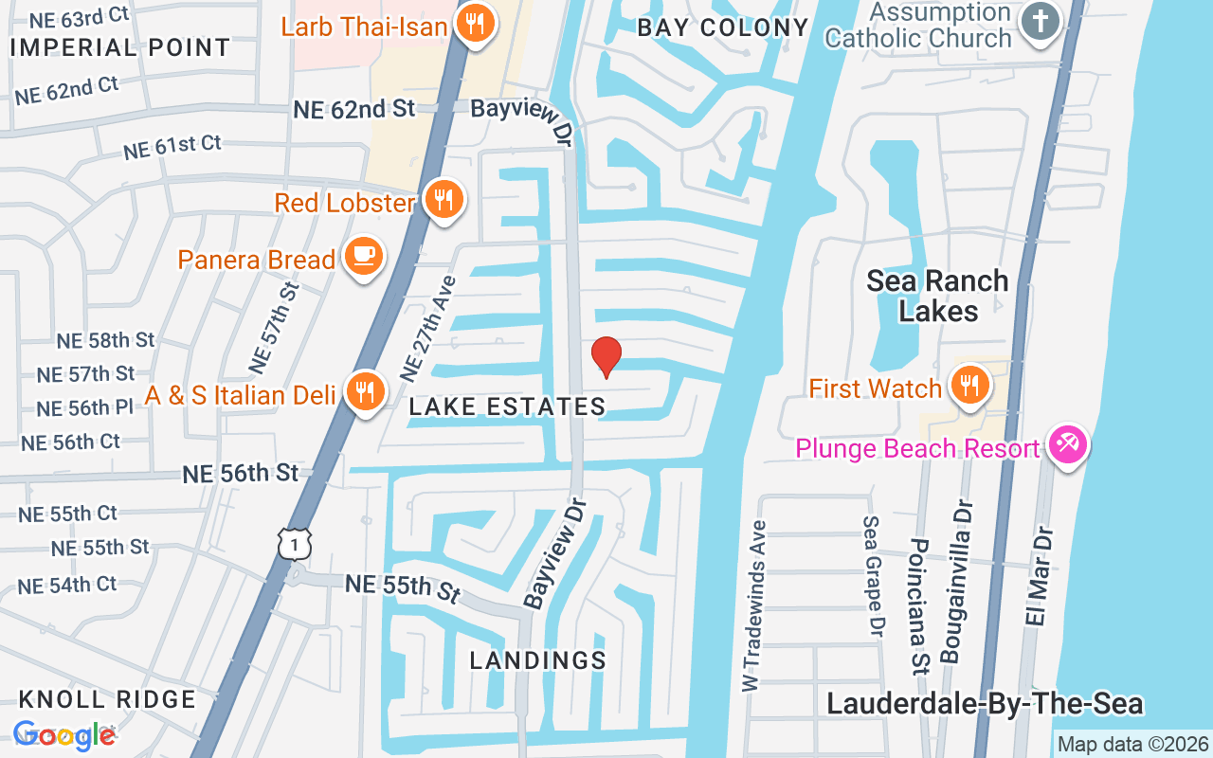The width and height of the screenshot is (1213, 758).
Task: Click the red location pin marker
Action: [x=606, y=357]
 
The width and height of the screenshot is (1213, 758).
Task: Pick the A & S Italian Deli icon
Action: [x=363, y=390]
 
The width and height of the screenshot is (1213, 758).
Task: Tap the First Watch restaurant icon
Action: [x=969, y=386]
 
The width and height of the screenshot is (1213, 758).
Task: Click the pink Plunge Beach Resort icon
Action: [x=1068, y=445]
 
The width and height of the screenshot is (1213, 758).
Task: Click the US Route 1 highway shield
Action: [x=295, y=543]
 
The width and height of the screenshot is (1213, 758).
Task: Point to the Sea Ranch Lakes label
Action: [x=938, y=296]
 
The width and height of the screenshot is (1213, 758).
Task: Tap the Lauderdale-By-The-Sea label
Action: [x=985, y=704]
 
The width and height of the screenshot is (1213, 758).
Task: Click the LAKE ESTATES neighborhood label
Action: [x=507, y=407]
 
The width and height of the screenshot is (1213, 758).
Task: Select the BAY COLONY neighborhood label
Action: [x=723, y=27]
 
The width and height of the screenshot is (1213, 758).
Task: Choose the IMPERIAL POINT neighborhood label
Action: [x=120, y=47]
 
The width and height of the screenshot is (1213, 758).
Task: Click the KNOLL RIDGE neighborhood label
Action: [x=107, y=699]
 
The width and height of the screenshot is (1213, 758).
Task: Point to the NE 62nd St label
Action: [x=354, y=109]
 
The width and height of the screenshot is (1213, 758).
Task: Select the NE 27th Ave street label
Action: [x=427, y=328]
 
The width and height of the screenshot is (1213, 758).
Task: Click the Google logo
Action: [x=64, y=735]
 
